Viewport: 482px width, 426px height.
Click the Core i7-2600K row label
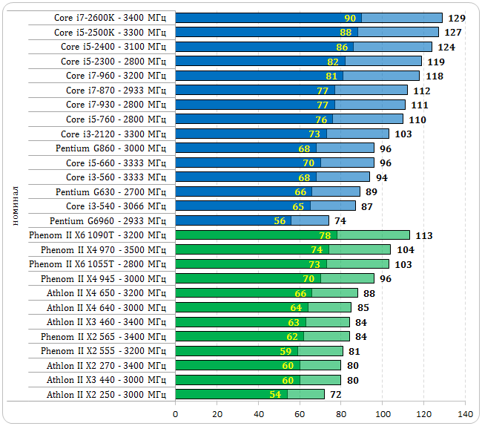[110, 18]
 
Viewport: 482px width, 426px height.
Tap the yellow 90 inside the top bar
[350, 18]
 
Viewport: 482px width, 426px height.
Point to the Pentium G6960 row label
[108, 221]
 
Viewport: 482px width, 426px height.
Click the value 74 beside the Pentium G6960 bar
[340, 221]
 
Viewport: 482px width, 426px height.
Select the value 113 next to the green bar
[423, 236]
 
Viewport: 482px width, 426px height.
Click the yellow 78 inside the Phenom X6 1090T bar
[325, 235]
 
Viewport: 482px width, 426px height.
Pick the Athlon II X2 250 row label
[106, 395]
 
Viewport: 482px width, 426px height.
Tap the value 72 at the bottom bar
[336, 395]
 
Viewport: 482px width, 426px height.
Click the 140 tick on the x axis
[466, 413]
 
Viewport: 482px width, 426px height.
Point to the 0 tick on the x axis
[176, 413]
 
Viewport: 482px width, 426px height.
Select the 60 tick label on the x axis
[300, 413]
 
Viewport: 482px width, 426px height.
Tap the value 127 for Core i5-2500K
[452, 33]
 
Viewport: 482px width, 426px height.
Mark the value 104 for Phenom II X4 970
[405, 250]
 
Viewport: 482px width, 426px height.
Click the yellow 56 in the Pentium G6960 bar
[280, 221]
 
